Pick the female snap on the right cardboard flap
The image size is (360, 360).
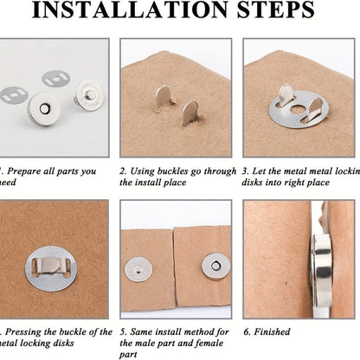point(214,266)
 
